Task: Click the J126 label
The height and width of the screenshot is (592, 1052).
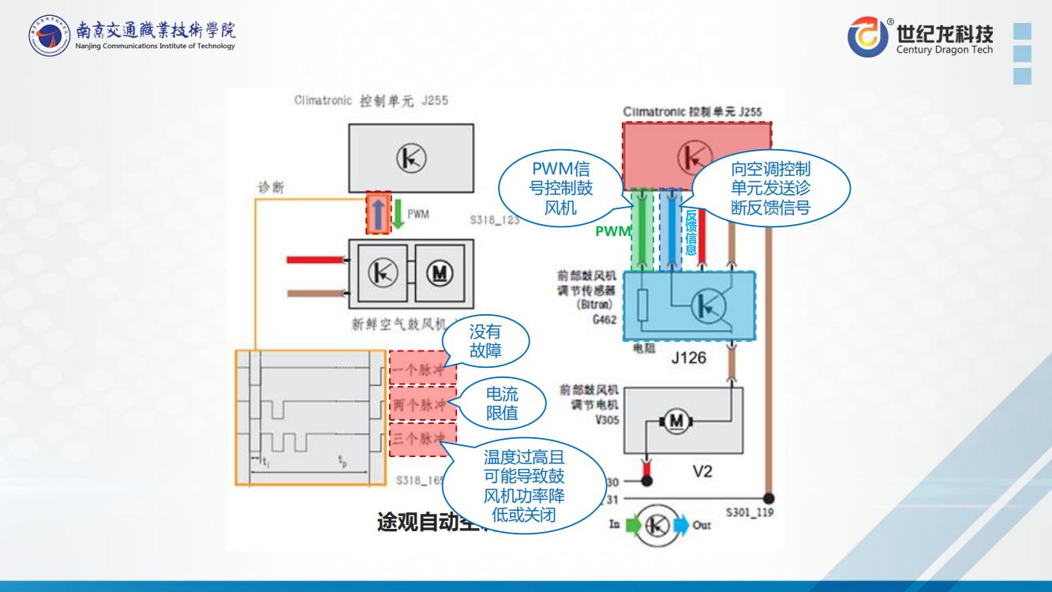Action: coord(689,358)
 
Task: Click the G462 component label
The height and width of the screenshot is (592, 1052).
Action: coord(604,321)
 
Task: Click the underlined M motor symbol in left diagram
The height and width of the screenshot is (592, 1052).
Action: coord(436,275)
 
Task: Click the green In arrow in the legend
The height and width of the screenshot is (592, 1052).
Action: coord(634,523)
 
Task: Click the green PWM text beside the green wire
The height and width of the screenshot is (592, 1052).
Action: coord(612,231)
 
